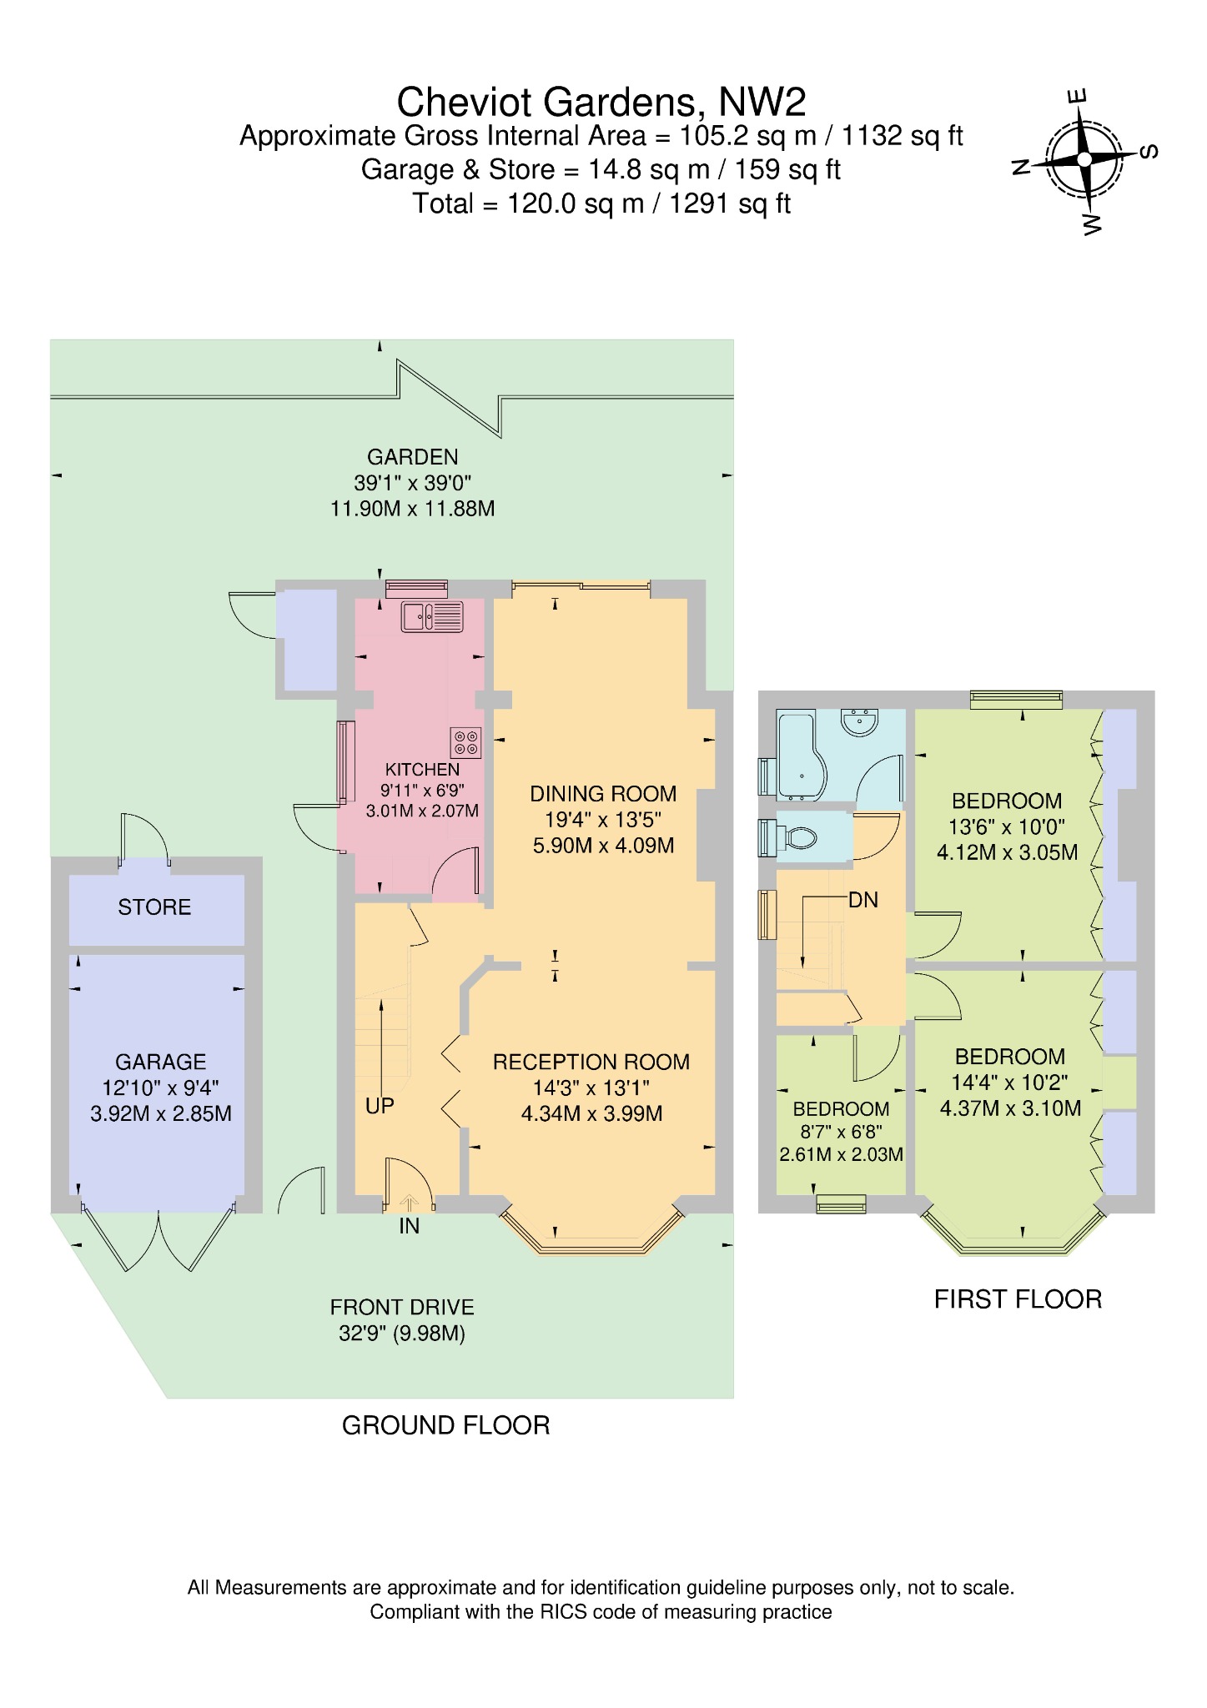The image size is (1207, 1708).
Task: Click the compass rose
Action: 1084,159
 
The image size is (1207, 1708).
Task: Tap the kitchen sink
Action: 431,616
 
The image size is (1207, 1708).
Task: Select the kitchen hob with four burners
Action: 466,742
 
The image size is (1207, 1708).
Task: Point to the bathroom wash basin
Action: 860,721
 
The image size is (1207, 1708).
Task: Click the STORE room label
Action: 154,907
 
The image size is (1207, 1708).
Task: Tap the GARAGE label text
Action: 160,1062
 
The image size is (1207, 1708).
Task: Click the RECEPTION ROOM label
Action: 591,1062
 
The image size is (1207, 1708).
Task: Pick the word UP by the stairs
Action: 380,1106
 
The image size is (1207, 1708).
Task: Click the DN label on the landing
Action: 863,900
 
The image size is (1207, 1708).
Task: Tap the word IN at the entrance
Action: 409,1226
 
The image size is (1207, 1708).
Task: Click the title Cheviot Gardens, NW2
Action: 601,102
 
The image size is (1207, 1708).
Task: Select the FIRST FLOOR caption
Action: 1018,1299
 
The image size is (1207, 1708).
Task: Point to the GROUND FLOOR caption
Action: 446,1425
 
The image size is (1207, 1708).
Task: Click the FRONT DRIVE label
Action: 402,1307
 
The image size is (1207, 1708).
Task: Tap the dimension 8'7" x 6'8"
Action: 841,1133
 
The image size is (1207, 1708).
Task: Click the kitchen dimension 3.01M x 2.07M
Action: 422,810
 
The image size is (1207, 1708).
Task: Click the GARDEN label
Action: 413,456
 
